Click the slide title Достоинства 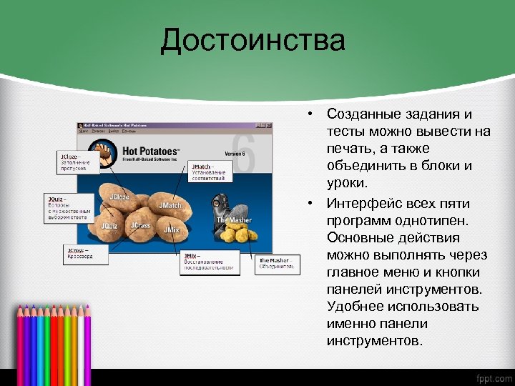(x=252, y=41)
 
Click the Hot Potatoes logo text (x=151, y=151)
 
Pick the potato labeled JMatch (x=170, y=206)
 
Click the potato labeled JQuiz (x=109, y=225)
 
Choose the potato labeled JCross (x=140, y=226)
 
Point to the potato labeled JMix (x=172, y=230)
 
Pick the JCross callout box (x=85, y=253)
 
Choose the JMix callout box (x=210, y=262)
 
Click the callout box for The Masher (x=275, y=264)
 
